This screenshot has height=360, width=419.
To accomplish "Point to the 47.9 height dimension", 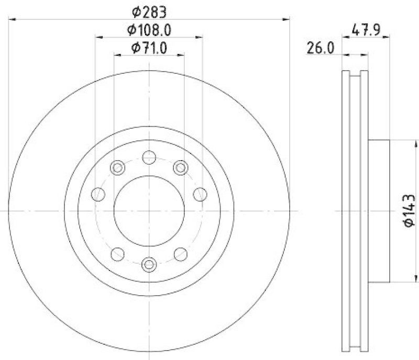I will click(365, 29).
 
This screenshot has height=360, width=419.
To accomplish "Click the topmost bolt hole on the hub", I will click(149, 156).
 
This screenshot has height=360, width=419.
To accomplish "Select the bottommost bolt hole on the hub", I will click(149, 264).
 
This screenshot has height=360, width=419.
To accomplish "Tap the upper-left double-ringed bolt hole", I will click(118, 168).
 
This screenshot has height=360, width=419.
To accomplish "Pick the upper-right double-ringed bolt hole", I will click(181, 168).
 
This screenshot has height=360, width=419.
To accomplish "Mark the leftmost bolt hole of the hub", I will click(98, 195).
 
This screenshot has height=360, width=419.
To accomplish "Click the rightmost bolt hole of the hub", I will click(200, 195).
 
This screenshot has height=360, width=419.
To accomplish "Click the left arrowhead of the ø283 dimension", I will click(13, 19).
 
